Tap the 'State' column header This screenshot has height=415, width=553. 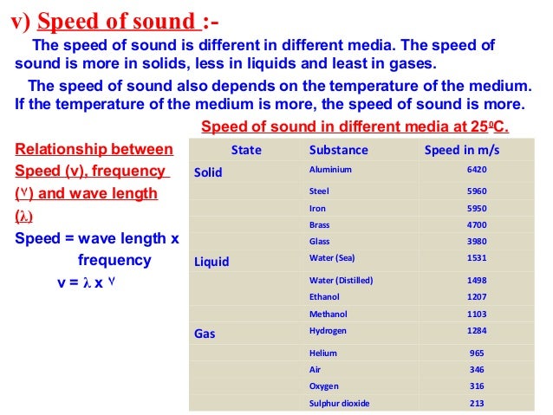[247, 150]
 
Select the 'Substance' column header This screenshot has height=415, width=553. [339, 150]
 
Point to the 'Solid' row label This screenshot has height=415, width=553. [208, 172]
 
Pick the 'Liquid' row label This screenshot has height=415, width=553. [211, 260]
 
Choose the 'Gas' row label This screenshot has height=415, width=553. [205, 333]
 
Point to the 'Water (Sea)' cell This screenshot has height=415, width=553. [333, 258]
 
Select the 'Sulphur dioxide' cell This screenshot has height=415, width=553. [340, 403]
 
